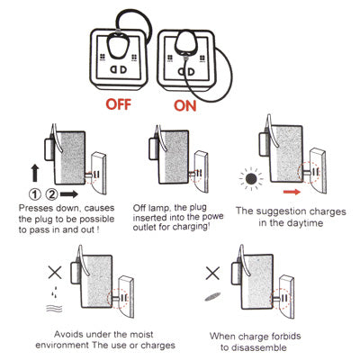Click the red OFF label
click(119, 104)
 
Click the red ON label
click(185, 106)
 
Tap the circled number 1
click(35, 194)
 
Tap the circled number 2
click(51, 194)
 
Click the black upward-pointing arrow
click(35, 173)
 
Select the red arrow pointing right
click(292, 192)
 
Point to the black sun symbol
click(251, 179)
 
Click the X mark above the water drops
click(55, 273)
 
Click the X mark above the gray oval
click(212, 273)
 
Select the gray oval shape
click(212, 296)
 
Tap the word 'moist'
click(141, 334)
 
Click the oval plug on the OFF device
click(118, 45)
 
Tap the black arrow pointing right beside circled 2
click(69, 194)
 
